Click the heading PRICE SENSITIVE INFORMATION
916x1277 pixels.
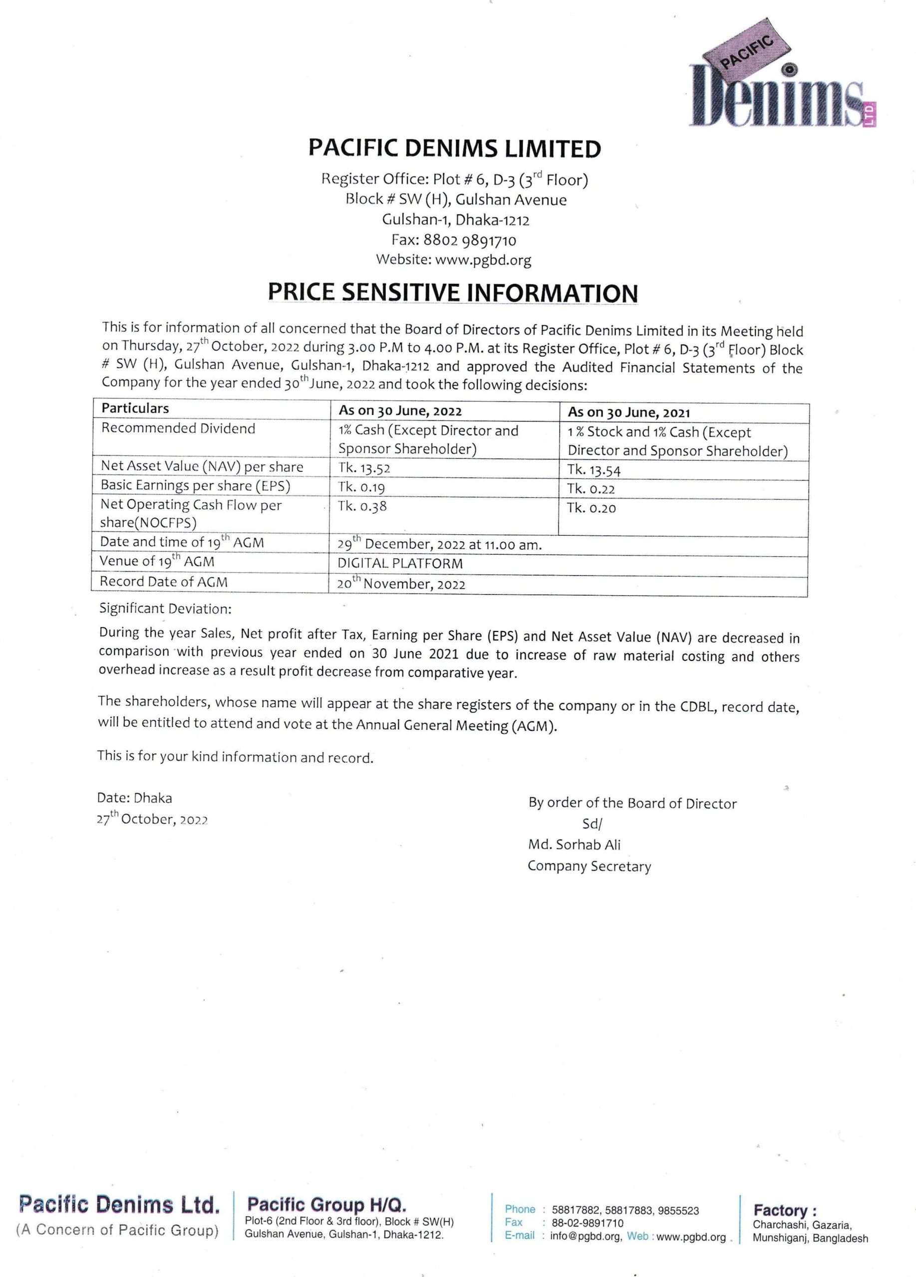pyautogui.click(x=453, y=293)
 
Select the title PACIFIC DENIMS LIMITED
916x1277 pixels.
pyautogui.click(x=455, y=149)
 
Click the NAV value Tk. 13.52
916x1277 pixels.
pyautogui.click(x=364, y=468)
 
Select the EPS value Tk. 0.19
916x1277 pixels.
pyautogui.click(x=362, y=487)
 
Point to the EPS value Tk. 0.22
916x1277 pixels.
pyautogui.click(x=591, y=489)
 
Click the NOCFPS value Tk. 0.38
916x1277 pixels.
pyautogui.click(x=362, y=507)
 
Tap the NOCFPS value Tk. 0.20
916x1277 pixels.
pyautogui.click(x=592, y=508)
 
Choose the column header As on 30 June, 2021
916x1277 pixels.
pyautogui.click(x=628, y=413)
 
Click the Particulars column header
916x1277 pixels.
pyautogui.click(x=135, y=408)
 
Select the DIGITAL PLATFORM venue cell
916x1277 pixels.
pyautogui.click(x=400, y=564)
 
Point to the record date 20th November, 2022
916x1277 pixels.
pyautogui.click(x=401, y=584)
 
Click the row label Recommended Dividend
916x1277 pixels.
pyautogui.click(x=178, y=428)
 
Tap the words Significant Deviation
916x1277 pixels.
pyautogui.click(x=165, y=609)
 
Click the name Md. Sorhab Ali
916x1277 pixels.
pyautogui.click(x=574, y=845)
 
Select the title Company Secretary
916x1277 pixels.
pyautogui.click(x=589, y=866)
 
